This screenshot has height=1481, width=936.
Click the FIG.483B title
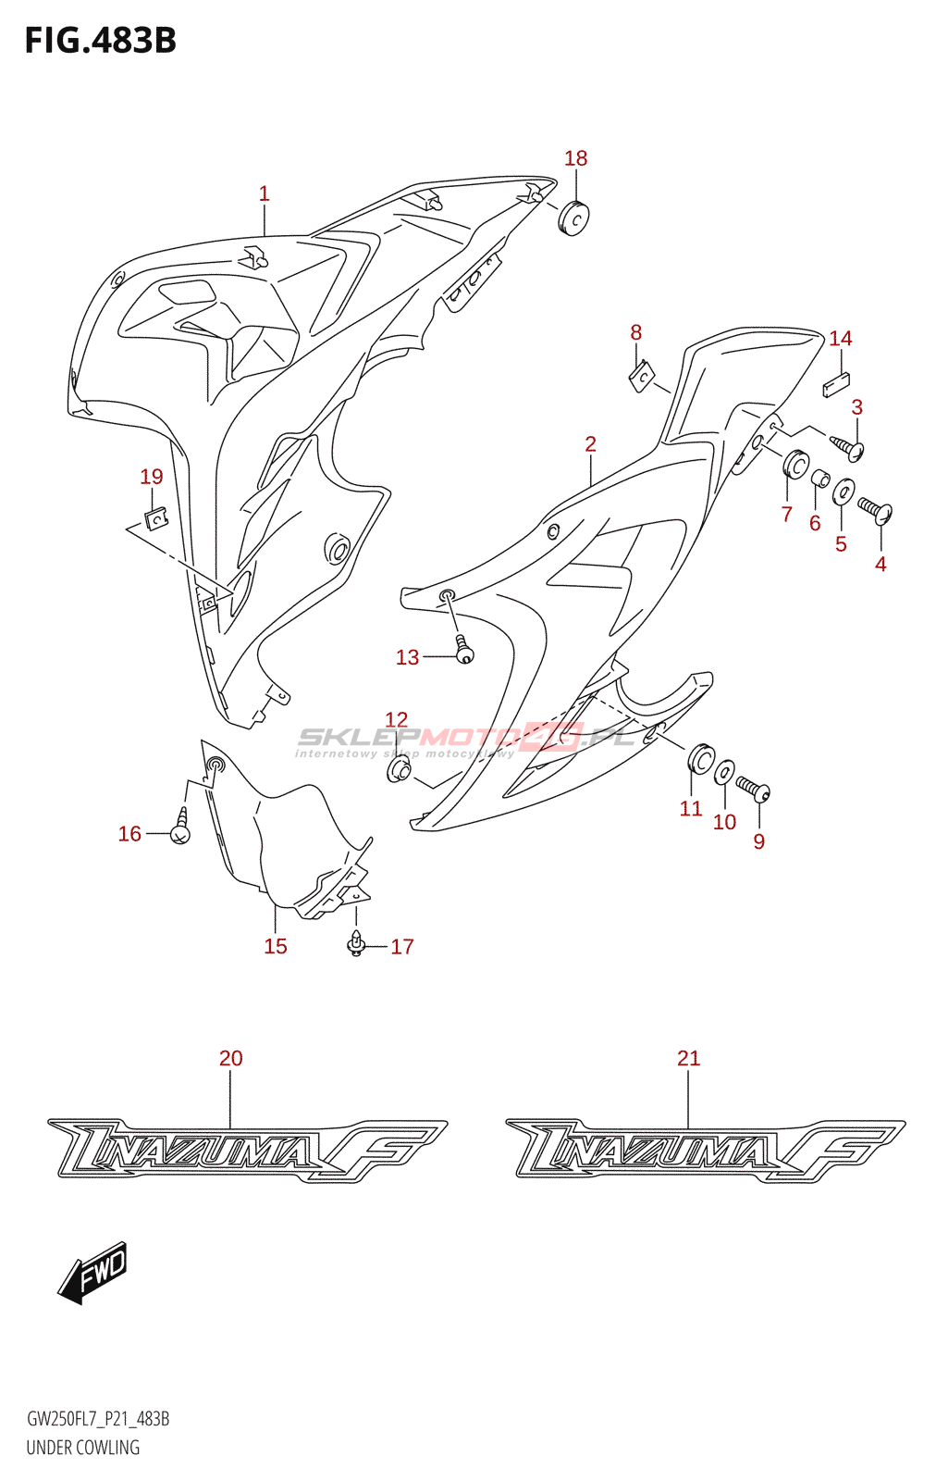[100, 40]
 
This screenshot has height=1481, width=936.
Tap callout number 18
[575, 158]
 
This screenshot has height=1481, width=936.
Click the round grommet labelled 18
[574, 218]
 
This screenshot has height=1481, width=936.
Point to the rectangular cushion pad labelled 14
[836, 383]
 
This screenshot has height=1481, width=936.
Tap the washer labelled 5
[844, 492]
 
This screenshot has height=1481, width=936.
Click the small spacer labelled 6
[819, 479]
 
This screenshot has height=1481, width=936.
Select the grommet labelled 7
[795, 465]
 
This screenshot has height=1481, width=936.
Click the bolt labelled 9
[753, 790]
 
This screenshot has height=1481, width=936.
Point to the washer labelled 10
[725, 771]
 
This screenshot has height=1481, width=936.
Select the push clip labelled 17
[356, 945]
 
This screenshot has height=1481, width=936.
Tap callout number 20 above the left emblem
[230, 1058]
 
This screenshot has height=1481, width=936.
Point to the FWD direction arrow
[93, 1272]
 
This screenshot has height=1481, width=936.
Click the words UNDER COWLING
[83, 1448]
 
